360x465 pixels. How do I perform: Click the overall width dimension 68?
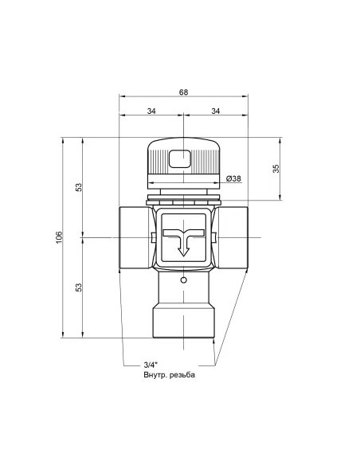(183, 92)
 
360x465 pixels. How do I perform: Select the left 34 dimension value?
(151, 111)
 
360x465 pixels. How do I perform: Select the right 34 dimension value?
(215, 111)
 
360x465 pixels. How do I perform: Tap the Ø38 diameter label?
(234, 178)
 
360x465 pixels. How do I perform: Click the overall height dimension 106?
(58, 237)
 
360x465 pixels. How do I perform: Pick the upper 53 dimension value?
(79, 187)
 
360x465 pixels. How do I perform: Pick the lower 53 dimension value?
(79, 287)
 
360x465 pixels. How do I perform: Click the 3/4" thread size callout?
(140, 365)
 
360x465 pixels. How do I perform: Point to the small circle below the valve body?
(183, 280)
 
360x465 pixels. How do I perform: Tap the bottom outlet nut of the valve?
(183, 323)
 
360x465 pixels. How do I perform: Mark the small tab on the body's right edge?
(214, 237)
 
